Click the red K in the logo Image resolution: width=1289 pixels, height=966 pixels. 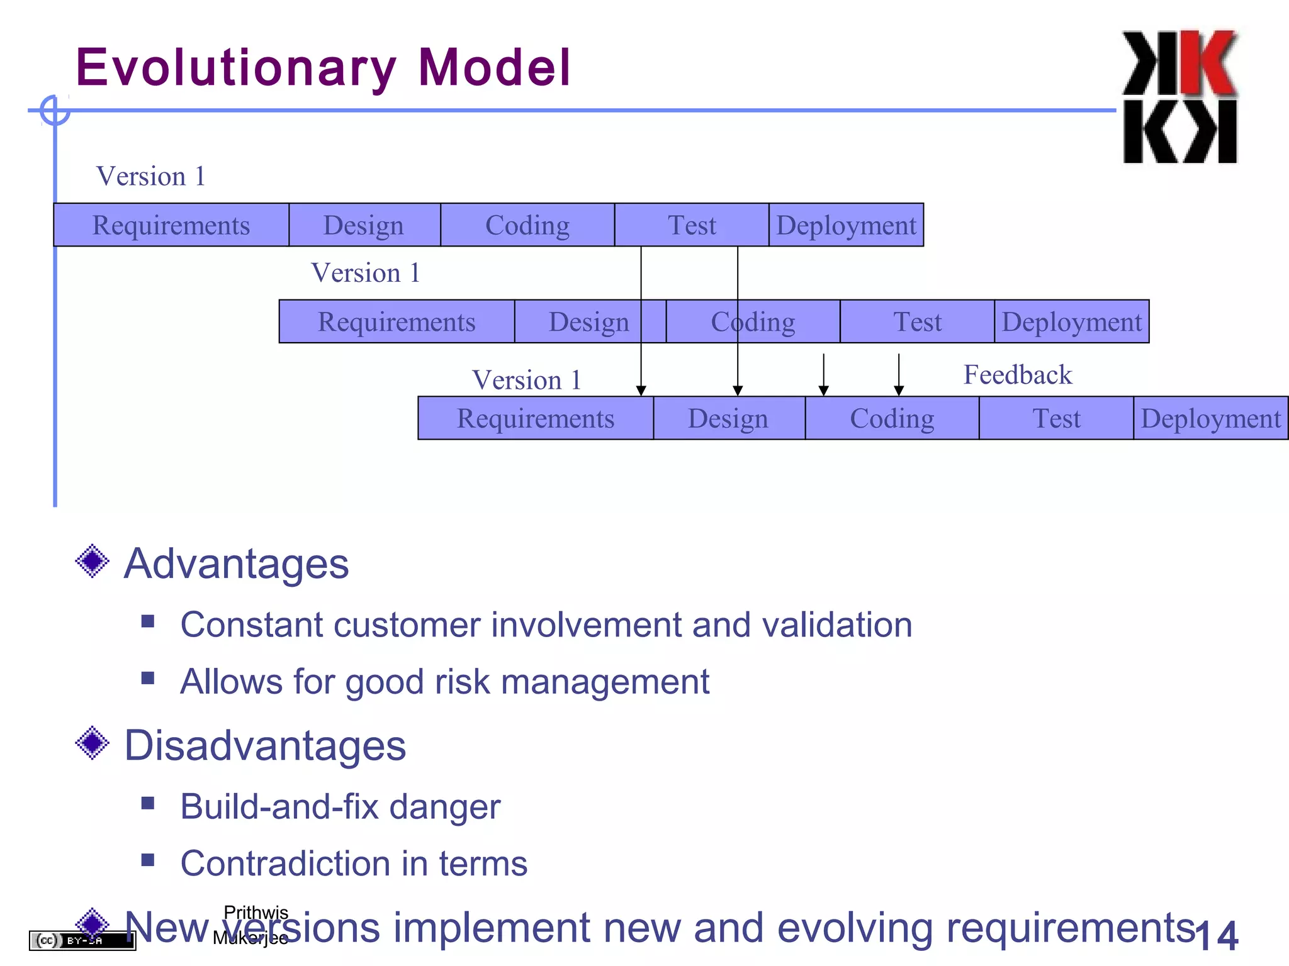pyautogui.click(x=1207, y=63)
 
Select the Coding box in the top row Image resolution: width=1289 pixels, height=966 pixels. pyautogui.click(x=527, y=225)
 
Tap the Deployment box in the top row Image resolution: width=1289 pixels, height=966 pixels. pyautogui.click(x=846, y=225)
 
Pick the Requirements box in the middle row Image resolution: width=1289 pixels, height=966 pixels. pyautogui.click(x=397, y=322)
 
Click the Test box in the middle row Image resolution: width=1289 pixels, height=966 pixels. pyautogui.click(x=917, y=322)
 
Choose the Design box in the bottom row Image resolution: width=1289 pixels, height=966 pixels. pyautogui.click(x=729, y=418)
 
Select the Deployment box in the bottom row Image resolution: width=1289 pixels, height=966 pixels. pyautogui.click(x=1210, y=418)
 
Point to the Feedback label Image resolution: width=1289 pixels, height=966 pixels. pyautogui.click(x=1017, y=375)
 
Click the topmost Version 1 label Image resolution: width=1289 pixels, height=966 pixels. pyautogui.click(x=150, y=177)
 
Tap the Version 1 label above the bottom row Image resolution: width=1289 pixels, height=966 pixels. pyautogui.click(x=526, y=380)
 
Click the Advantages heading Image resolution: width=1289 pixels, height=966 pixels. pyautogui.click(x=236, y=563)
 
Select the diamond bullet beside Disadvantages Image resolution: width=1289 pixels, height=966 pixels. pyautogui.click(x=93, y=743)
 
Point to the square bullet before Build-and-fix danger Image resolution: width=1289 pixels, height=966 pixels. pyautogui.click(x=148, y=803)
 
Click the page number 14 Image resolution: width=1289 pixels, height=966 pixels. pyautogui.click(x=1217, y=936)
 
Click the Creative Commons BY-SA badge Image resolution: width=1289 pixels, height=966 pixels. pyautogui.click(x=82, y=941)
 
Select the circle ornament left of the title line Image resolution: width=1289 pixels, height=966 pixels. pyautogui.click(x=55, y=111)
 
